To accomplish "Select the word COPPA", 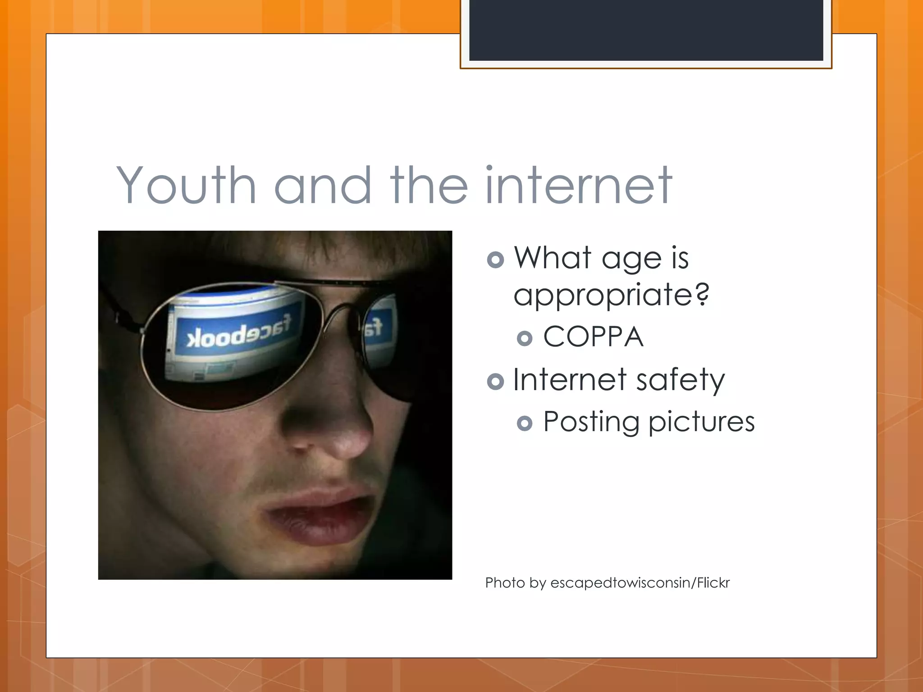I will click(x=593, y=337).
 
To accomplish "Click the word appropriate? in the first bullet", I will click(x=611, y=295).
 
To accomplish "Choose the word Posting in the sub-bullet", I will click(x=591, y=422).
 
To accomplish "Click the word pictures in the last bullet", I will click(x=701, y=422).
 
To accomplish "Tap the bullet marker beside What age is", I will click(x=495, y=259).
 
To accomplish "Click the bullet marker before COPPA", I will click(x=525, y=338).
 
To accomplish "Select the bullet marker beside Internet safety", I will click(x=495, y=382).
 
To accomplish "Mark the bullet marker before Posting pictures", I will click(x=525, y=423).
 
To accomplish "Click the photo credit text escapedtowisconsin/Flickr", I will click(x=640, y=583).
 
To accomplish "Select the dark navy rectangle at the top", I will click(x=646, y=30).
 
